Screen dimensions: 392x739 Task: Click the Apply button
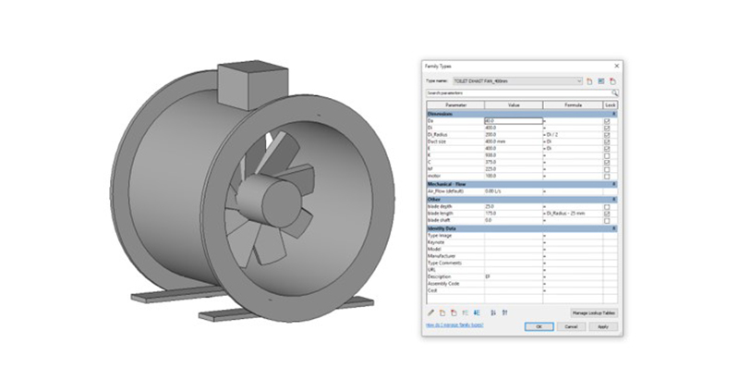pyautogui.click(x=602, y=325)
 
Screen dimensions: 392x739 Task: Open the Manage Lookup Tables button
pyautogui.click(x=593, y=313)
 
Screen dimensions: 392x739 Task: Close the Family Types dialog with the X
pyautogui.click(x=616, y=67)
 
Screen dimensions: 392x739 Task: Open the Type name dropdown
pyautogui.click(x=579, y=81)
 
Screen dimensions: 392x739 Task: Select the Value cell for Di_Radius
pyautogui.click(x=513, y=134)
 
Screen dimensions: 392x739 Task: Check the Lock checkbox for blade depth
pyautogui.click(x=607, y=206)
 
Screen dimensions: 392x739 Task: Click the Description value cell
pyautogui.click(x=513, y=276)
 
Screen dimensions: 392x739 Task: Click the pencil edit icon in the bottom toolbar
pyautogui.click(x=430, y=312)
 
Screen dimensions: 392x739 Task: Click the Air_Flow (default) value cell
pyautogui.click(x=513, y=191)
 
